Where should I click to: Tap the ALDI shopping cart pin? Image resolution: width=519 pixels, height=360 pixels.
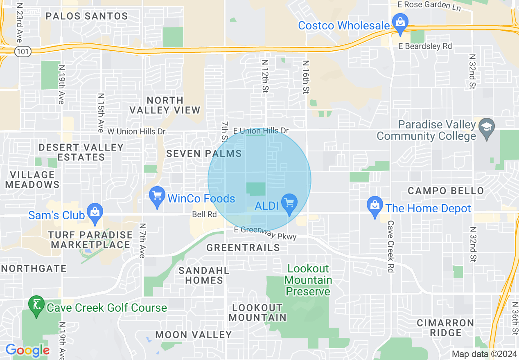[x=289, y=203]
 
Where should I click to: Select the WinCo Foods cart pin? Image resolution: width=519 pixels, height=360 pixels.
[x=157, y=196]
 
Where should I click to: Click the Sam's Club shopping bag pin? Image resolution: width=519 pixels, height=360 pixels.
[x=95, y=213]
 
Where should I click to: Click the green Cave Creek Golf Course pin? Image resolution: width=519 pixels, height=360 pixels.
[x=36, y=305]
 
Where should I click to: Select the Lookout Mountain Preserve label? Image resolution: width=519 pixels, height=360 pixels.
[x=308, y=280]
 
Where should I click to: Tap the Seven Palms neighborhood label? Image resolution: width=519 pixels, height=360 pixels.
[x=204, y=154]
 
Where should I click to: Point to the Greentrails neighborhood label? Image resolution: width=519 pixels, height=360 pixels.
[x=243, y=248]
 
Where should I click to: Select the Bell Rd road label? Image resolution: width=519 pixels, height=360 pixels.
[x=204, y=214]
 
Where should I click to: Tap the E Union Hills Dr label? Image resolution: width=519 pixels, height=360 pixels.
[x=261, y=131]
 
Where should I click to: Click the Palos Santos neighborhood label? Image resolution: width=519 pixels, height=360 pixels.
[x=87, y=16]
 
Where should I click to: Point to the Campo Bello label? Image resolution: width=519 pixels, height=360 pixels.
[x=446, y=191]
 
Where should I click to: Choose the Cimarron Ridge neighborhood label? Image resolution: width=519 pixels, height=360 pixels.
[x=445, y=328]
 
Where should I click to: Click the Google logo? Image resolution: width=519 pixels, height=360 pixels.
[x=27, y=350]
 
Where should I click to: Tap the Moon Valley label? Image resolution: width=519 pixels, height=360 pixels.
[x=194, y=335]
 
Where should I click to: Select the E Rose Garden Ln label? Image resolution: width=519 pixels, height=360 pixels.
[x=429, y=6]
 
